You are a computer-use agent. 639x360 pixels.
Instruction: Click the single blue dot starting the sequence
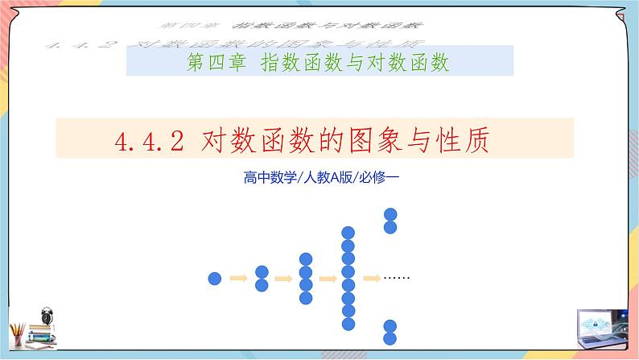click(x=215, y=279)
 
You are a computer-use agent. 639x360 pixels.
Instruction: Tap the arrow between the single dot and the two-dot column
click(x=238, y=279)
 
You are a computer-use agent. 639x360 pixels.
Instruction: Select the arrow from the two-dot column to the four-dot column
click(x=282, y=279)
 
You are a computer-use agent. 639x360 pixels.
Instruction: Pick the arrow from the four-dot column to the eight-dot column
click(x=327, y=279)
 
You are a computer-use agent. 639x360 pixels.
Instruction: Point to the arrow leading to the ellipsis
click(x=371, y=279)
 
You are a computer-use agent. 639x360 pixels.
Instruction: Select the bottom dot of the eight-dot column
click(x=348, y=323)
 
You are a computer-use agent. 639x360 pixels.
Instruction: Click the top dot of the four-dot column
click(x=305, y=259)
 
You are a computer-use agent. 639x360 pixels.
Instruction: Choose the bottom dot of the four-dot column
click(x=305, y=298)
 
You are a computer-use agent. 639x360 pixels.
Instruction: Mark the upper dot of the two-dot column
click(x=261, y=272)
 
